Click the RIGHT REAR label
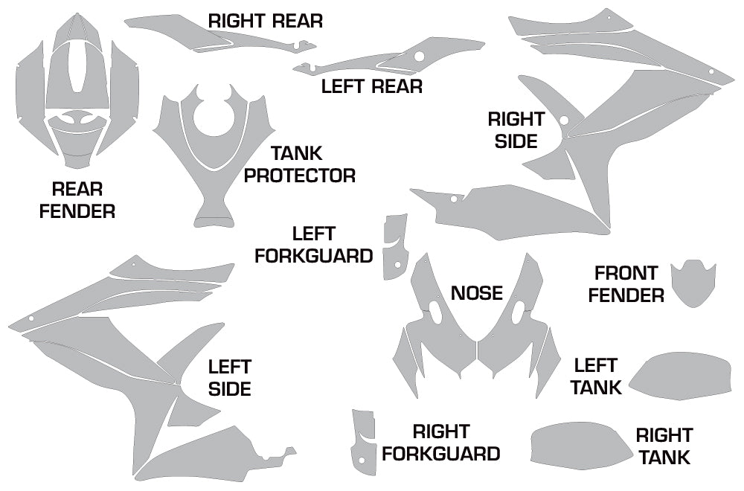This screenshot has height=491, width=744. click(265, 21)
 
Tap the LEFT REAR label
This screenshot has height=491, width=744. click(371, 86)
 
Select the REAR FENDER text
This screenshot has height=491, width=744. click(77, 200)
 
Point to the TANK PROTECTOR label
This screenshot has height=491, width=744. click(299, 165)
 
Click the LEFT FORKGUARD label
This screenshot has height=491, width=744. click(313, 245)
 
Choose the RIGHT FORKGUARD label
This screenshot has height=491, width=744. click(440, 443)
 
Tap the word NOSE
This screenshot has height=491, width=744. click(477, 293)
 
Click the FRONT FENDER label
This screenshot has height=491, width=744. click(626, 284)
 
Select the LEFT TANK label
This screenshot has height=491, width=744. click(597, 376)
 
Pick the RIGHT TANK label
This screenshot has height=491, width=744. click(664, 446)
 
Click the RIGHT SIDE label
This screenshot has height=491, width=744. click(516, 129)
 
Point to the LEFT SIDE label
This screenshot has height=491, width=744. click(229, 377)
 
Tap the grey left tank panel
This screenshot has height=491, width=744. click(681, 375)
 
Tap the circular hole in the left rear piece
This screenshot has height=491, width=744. click(419, 56)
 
